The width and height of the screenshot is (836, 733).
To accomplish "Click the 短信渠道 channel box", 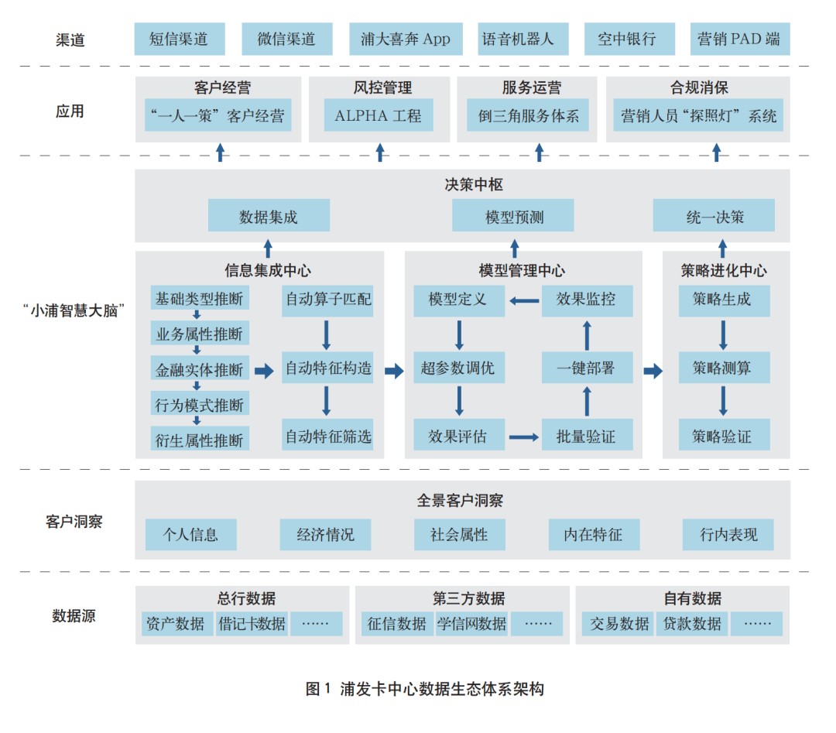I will [x=179, y=39].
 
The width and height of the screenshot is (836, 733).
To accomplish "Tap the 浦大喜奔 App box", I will [x=405, y=39].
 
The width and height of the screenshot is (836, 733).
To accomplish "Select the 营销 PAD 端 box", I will [x=739, y=39].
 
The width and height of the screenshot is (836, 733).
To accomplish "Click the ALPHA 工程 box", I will [x=379, y=116].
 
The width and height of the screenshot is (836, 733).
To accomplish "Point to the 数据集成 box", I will [x=269, y=216].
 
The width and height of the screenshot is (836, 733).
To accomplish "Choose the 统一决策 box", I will [x=714, y=216].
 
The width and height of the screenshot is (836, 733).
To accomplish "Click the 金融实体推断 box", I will [x=199, y=369].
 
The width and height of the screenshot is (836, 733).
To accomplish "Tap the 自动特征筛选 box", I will [x=328, y=436].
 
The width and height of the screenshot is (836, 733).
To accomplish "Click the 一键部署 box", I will [x=586, y=368].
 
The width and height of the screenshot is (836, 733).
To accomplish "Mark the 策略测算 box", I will [x=721, y=368].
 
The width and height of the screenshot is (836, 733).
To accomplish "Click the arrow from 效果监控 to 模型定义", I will [x=523, y=299].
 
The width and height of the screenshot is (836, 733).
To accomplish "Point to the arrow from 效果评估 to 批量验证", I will [x=523, y=437].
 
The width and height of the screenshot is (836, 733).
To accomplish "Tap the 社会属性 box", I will [x=459, y=534].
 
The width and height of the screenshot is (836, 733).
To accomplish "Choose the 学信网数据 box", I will [x=471, y=623].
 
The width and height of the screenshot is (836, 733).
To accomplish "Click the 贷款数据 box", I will [x=692, y=623].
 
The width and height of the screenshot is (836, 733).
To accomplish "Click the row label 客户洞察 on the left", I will [x=74, y=522].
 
